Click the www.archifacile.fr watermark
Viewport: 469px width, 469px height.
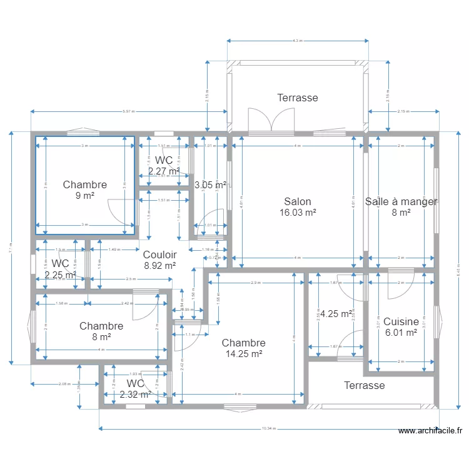[x=430, y=430]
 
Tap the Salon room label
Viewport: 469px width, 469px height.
[x=298, y=202]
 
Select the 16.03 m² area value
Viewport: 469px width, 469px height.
[x=298, y=213]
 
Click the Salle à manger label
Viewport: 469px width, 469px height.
[x=401, y=201]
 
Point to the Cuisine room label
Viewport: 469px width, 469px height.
[x=401, y=322]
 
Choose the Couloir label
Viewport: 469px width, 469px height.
[x=159, y=255]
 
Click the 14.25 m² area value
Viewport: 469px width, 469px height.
[x=243, y=353]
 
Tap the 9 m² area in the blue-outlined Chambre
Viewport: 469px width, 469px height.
[x=85, y=195]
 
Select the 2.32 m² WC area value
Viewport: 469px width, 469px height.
[x=135, y=395]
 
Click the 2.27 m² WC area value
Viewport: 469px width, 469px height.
[x=163, y=171]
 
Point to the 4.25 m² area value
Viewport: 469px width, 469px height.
[x=336, y=314]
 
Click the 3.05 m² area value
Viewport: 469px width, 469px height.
[x=210, y=185]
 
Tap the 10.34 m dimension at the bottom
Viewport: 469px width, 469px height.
[x=268, y=428]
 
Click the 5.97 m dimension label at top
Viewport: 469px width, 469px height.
[x=128, y=112]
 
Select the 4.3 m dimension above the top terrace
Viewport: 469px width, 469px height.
[x=297, y=41]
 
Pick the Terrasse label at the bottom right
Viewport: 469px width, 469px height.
[x=364, y=385]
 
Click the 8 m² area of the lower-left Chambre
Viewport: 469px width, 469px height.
[x=101, y=336]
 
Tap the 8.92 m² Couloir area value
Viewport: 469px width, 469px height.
[x=159, y=265]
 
